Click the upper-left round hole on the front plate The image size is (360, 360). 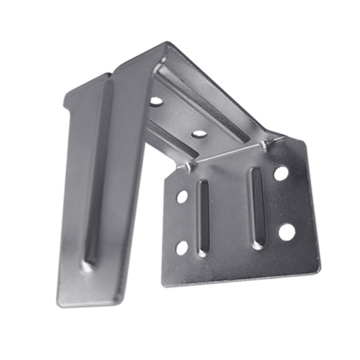coord(182,196)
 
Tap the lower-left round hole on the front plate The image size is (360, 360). coord(182,247)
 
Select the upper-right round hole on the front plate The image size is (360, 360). coord(281,173)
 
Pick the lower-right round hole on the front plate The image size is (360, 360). coord(287,232)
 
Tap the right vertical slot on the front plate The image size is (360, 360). coord(257,207)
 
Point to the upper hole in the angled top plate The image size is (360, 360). coord(156,101)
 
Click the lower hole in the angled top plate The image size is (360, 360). coord(199,134)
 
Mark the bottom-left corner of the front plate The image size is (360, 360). coord(163,284)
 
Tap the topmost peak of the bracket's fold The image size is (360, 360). coord(167,43)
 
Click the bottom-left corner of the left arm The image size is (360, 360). coord(58,304)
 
